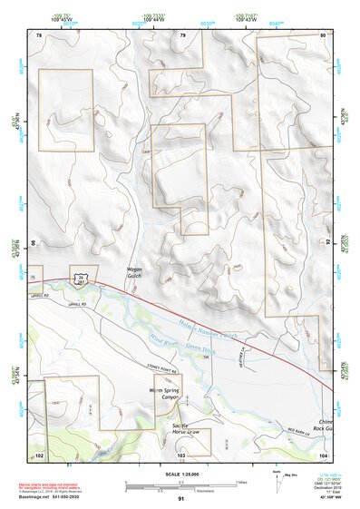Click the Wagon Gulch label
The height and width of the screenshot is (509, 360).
(x=134, y=273)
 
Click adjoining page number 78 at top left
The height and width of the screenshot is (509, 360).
(x=39, y=35)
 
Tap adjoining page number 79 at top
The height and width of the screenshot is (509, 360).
(x=182, y=35)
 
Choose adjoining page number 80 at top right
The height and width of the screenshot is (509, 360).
(x=323, y=35)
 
